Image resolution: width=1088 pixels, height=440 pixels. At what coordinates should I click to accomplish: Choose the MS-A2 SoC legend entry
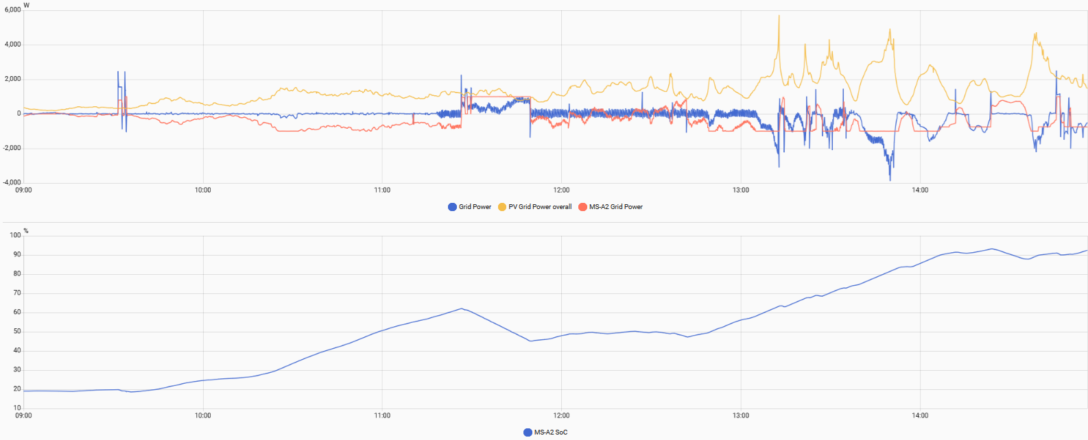click(x=550, y=432)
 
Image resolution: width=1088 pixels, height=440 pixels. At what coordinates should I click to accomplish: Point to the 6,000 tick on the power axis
click(x=13, y=10)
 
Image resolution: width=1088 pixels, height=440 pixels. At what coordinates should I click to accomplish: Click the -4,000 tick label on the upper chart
click(x=12, y=183)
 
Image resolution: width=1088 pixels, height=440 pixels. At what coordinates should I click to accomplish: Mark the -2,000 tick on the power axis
click(x=12, y=148)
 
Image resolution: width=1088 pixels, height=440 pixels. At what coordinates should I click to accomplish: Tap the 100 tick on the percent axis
click(x=15, y=236)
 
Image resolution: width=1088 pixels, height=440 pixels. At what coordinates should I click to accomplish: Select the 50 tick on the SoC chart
click(x=16, y=332)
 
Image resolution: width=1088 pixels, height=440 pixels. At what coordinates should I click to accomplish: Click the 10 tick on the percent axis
click(x=16, y=408)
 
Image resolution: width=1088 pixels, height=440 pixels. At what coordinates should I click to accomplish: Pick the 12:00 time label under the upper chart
click(x=561, y=191)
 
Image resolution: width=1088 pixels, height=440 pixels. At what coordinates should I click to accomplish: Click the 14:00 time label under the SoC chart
click(x=920, y=416)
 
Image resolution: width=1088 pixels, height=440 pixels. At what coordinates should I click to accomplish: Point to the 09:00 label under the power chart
click(x=24, y=191)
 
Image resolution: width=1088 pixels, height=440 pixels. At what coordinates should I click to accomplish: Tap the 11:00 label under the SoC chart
click(x=382, y=416)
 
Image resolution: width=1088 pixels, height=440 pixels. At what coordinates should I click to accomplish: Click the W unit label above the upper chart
click(x=27, y=5)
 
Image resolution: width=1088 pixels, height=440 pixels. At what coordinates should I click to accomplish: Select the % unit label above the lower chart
click(x=26, y=231)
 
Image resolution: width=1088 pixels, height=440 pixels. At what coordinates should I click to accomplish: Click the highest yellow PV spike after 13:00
click(x=779, y=16)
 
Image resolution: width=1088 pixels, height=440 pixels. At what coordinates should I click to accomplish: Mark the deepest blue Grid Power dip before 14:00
click(x=890, y=180)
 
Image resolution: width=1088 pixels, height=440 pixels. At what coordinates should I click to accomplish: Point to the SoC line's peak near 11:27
click(x=462, y=308)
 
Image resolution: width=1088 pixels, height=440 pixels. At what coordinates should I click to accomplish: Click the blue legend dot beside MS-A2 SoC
click(x=528, y=432)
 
